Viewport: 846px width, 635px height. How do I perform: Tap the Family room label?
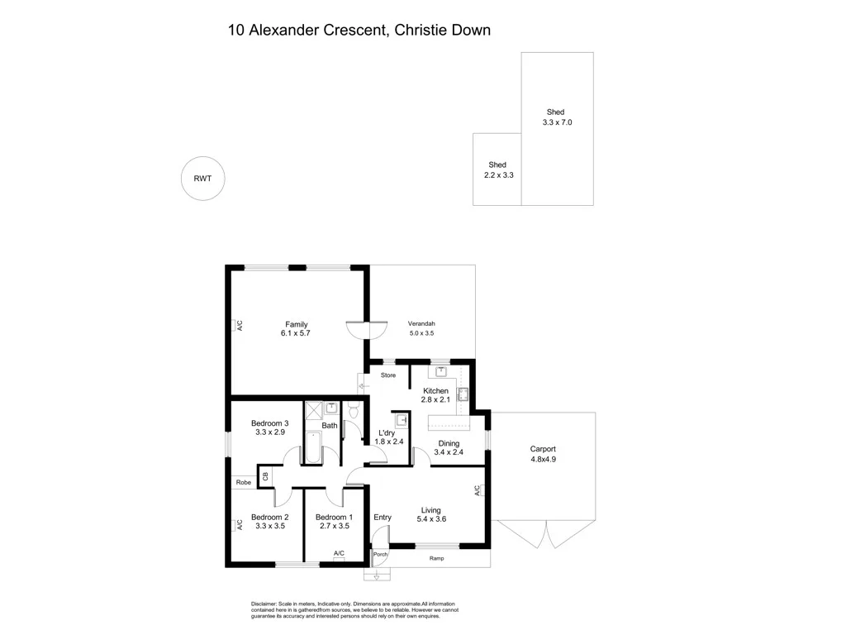(297, 324)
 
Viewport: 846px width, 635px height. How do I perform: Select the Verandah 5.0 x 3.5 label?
(421, 328)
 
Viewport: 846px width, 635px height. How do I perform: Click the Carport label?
(543, 449)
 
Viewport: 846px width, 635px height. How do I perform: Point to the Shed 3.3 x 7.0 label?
(557, 117)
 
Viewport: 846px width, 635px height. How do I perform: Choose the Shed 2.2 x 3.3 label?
(498, 170)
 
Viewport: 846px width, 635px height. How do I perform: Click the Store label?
(388, 375)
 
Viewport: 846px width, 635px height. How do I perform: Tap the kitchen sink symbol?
(441, 371)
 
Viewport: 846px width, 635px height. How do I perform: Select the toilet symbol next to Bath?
(354, 410)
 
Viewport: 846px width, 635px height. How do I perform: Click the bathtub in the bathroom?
(313, 446)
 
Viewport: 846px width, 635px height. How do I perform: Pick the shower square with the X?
(313, 410)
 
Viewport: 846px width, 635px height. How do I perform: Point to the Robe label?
(244, 482)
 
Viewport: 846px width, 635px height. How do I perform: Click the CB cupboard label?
(265, 476)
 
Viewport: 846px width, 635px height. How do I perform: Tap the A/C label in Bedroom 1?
(339, 553)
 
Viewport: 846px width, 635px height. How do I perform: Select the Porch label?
(380, 555)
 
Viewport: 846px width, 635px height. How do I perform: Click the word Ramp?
(436, 558)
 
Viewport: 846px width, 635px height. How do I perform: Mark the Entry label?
(383, 518)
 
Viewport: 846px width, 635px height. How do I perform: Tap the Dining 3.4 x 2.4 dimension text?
(449, 452)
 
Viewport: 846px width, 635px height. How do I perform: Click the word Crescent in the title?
(355, 31)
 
